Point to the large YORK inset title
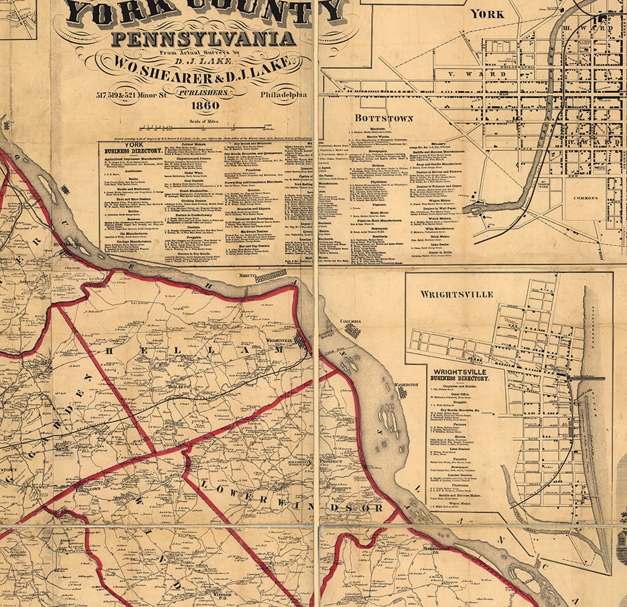[487, 13]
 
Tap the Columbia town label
[350, 322]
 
